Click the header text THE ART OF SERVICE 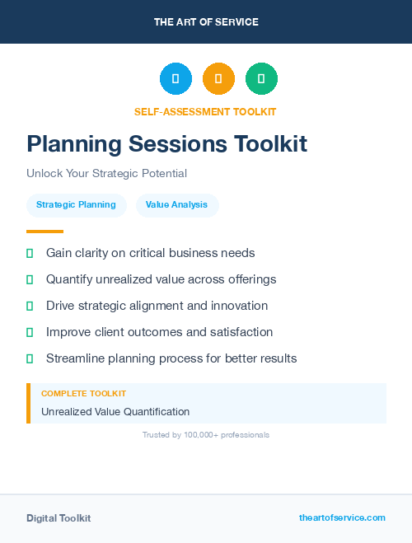[x=206, y=21]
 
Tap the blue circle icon [x=176, y=79]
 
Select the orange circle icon [x=218, y=79]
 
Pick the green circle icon [x=261, y=79]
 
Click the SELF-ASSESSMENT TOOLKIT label [x=205, y=111]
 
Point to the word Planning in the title [x=72, y=144]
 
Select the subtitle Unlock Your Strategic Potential [x=106, y=174]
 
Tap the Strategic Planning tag [x=76, y=204]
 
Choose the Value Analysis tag [x=176, y=204]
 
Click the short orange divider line [x=44, y=232]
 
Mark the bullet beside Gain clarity [x=30, y=253]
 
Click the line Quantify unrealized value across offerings [x=161, y=279]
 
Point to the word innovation [x=238, y=306]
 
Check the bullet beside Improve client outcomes [x=30, y=332]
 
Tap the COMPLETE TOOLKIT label [x=83, y=394]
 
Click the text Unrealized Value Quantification [x=115, y=411]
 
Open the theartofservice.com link [x=342, y=517]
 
